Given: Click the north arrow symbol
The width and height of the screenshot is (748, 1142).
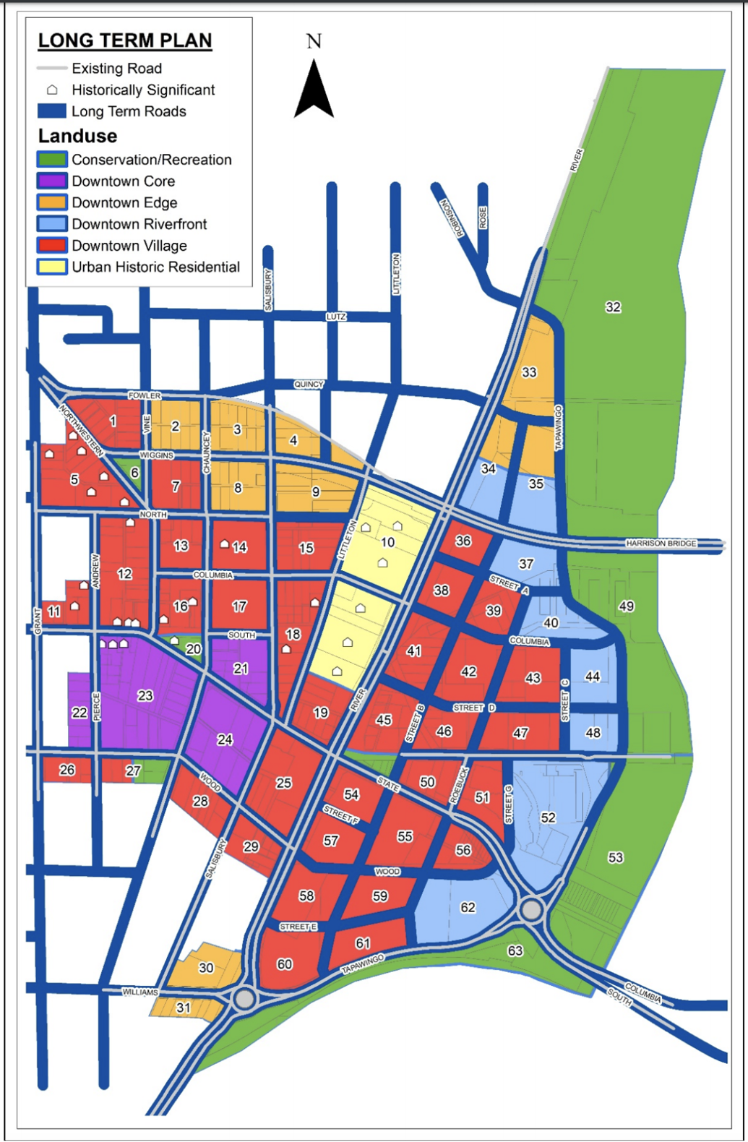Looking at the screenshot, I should click(x=314, y=90).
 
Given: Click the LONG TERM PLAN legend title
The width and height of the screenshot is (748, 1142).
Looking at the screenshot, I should click(x=125, y=41).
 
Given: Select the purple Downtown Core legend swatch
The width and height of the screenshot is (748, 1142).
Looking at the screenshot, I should click(x=52, y=181).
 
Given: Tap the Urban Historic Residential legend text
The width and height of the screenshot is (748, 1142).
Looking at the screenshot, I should click(x=155, y=267).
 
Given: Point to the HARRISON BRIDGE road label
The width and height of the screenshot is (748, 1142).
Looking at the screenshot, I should click(x=661, y=543).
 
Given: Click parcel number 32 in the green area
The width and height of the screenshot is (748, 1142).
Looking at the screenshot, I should click(x=613, y=307).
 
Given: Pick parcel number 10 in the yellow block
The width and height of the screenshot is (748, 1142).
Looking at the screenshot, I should click(x=387, y=542).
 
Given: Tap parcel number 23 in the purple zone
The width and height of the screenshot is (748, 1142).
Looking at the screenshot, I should click(x=145, y=695).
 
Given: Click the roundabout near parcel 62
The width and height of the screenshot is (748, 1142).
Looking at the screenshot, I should click(x=532, y=909).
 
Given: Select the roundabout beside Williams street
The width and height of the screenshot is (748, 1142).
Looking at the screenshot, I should click(x=245, y=999).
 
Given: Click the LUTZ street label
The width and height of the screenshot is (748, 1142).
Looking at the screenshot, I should click(x=336, y=317).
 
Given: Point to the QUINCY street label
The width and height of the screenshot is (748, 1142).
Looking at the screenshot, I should click(x=309, y=385).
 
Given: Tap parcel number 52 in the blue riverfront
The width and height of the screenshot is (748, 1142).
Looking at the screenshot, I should click(x=549, y=817).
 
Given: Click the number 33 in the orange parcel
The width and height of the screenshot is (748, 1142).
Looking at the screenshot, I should click(x=529, y=372).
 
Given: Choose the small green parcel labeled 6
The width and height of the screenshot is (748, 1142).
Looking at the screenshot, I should click(x=134, y=472).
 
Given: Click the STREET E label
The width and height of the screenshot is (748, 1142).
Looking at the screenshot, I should click(x=298, y=927).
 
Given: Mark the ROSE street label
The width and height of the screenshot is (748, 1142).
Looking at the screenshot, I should click(x=483, y=218).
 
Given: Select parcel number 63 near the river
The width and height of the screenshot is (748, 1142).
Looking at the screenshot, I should click(x=515, y=950).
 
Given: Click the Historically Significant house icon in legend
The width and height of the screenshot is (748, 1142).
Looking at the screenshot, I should click(x=52, y=90).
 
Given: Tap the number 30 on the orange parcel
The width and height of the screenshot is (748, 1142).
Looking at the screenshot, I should click(x=206, y=968).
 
